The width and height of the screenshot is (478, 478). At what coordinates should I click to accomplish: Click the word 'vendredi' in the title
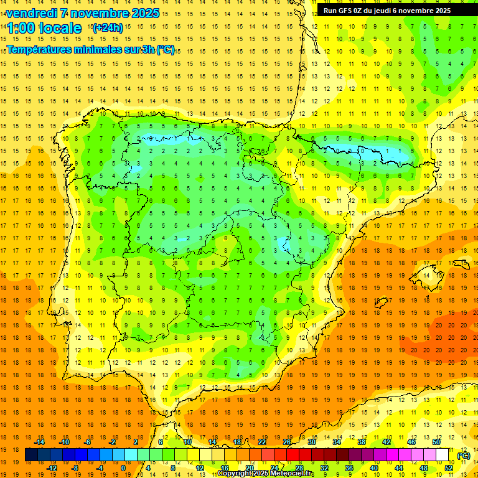point(30,13)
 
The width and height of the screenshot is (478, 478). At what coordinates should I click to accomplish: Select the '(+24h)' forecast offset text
point(108,27)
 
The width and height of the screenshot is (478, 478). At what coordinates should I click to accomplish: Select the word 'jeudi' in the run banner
point(396,11)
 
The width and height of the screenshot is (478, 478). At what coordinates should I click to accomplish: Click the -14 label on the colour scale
point(39,442)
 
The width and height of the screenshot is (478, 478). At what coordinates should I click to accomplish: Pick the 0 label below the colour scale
point(123,468)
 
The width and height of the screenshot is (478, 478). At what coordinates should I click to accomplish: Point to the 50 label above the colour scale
point(436,442)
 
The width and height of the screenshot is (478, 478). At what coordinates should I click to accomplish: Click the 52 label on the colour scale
point(448,468)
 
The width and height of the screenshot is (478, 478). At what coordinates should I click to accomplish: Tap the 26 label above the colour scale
point(287,442)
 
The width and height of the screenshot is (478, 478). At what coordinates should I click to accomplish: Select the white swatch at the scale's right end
point(443,455)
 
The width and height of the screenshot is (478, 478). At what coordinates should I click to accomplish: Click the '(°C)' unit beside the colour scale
point(464,455)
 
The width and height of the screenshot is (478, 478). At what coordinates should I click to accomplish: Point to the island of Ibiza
point(380,303)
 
